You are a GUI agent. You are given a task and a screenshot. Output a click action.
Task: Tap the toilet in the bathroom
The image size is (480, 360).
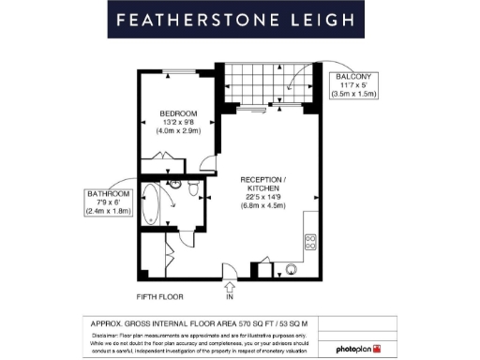191,192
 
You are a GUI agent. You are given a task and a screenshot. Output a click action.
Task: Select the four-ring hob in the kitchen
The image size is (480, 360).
309,241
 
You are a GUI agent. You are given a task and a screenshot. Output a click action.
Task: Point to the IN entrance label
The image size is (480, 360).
229,297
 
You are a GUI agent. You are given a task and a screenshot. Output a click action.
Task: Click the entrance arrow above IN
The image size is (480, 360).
229,284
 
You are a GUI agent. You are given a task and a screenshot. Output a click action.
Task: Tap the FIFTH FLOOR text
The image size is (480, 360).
157,297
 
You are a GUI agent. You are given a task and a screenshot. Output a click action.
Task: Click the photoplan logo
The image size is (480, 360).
359,349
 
